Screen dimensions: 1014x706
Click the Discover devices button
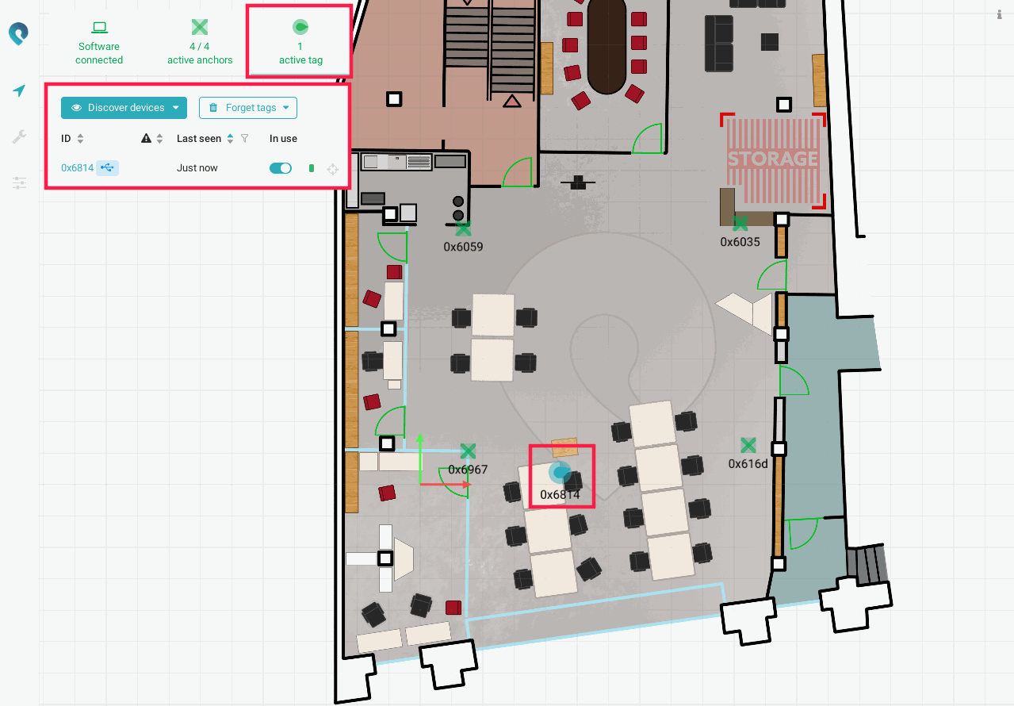point(124,108)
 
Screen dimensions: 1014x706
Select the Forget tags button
point(248,108)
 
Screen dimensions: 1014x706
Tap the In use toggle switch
point(281,168)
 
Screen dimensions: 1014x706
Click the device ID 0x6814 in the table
point(78,168)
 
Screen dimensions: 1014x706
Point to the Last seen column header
point(199,139)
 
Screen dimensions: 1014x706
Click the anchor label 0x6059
point(463,247)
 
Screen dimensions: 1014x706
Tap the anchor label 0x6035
point(740,242)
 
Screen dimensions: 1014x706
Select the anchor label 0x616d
point(748,464)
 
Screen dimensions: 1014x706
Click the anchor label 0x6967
point(468,470)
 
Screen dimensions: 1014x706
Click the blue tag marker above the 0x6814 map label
point(560,472)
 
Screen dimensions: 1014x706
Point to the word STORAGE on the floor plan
point(773,159)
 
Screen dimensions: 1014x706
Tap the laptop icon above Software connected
point(100,28)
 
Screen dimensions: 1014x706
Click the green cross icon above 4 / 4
point(200,27)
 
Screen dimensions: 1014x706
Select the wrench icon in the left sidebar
point(19,136)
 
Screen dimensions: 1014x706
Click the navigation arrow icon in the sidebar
point(19,90)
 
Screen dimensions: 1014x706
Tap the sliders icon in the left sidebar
point(19,183)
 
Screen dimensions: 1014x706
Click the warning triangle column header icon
point(146,138)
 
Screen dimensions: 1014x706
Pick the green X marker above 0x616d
point(748,446)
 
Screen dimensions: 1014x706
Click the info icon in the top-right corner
point(999,14)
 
